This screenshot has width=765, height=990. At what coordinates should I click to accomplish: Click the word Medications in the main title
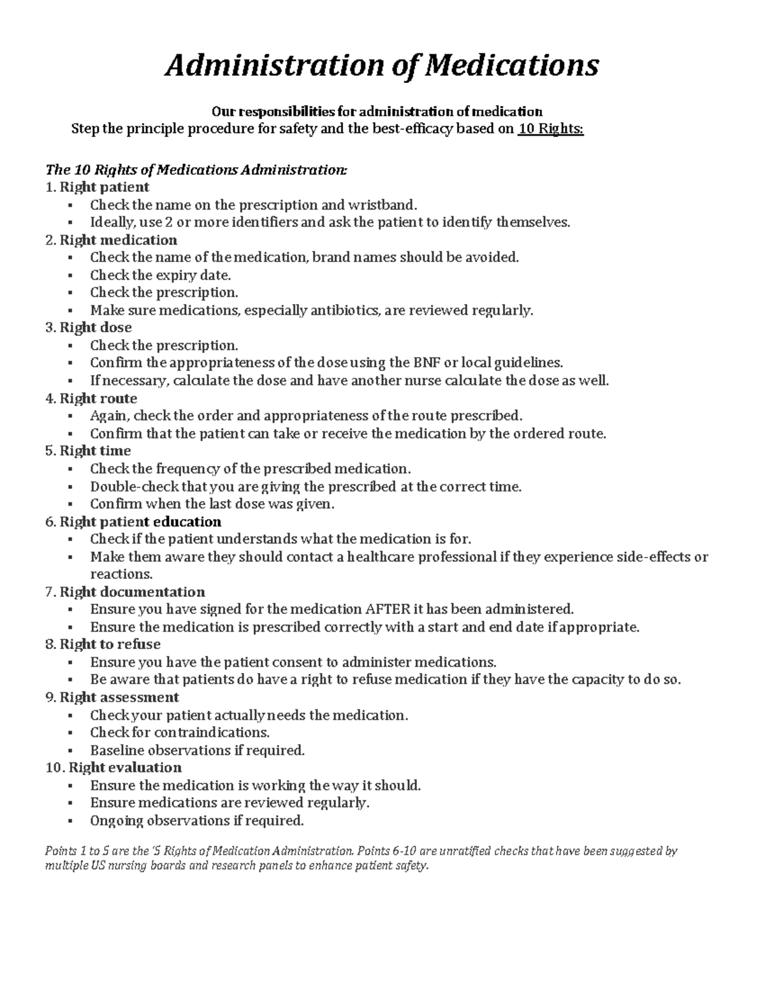(x=512, y=65)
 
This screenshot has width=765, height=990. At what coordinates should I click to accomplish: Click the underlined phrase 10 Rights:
(x=550, y=129)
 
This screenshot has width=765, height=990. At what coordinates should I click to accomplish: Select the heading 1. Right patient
(x=98, y=187)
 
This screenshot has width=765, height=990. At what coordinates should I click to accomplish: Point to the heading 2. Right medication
(x=112, y=240)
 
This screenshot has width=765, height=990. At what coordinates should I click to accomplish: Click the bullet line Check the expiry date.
(x=160, y=275)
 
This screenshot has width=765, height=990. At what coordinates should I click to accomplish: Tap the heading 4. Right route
(x=91, y=398)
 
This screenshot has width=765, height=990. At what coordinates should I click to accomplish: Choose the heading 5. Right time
(x=88, y=451)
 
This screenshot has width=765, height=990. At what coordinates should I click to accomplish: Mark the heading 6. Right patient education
(x=133, y=521)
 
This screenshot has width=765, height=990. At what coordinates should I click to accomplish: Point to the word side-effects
(x=654, y=557)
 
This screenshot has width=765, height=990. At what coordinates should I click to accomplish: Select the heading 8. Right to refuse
(x=103, y=644)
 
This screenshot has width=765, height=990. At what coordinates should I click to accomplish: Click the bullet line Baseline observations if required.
(x=197, y=750)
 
